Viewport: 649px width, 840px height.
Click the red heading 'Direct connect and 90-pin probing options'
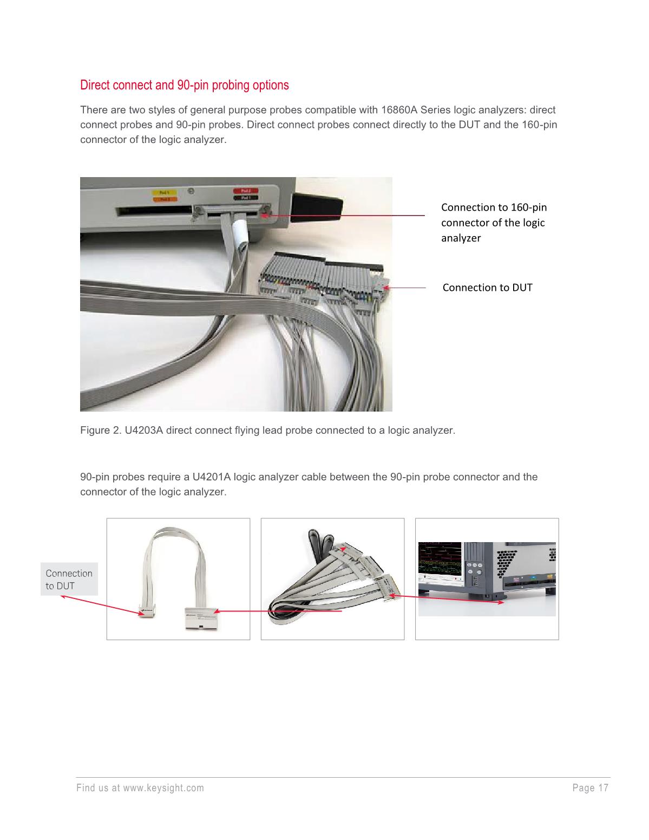click(184, 86)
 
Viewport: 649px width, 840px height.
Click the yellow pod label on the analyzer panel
click(160, 192)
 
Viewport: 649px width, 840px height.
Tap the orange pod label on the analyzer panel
click(160, 199)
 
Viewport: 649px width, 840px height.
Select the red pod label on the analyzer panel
click(245, 191)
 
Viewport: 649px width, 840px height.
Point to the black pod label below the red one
click(245, 199)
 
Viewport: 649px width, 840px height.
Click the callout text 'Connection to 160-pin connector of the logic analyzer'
click(493, 223)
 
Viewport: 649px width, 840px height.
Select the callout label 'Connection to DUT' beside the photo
click(487, 288)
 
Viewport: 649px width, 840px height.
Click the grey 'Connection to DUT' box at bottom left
click(69, 579)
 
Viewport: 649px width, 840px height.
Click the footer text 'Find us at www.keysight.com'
click(140, 788)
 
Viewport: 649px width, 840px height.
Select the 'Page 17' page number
click(590, 788)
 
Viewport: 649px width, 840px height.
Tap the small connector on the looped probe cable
click(147, 610)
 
